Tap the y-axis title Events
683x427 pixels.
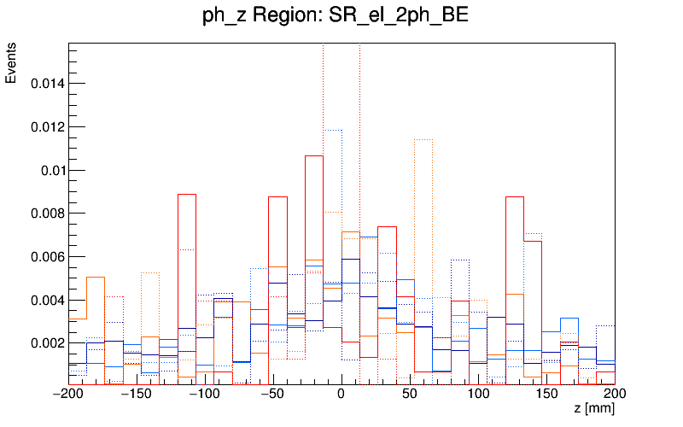coord(11,65)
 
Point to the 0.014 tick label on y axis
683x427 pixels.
coord(46,84)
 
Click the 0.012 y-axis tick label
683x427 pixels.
coord(46,127)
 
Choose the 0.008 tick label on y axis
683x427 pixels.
coord(46,213)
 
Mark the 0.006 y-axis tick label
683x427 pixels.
coord(46,257)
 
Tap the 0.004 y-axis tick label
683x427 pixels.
coord(46,300)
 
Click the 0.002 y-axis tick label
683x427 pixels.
coord(46,343)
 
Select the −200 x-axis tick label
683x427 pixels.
coord(68,395)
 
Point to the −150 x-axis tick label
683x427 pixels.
coord(137,395)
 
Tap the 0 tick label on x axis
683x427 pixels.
coord(341,395)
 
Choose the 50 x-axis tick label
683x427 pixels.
coord(410,395)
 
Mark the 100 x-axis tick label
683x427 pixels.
coord(478,395)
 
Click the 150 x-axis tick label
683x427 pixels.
coord(546,395)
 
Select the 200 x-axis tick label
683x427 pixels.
coord(613,395)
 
